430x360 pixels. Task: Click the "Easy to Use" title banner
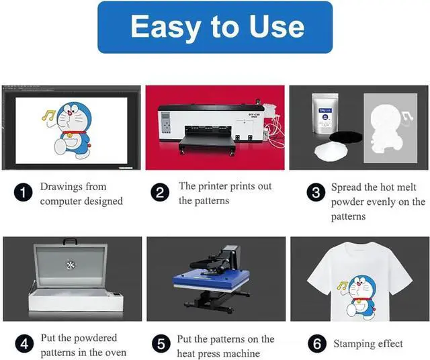coord(215,27)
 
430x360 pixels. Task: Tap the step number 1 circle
coord(23,193)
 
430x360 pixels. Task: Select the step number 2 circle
coord(160,193)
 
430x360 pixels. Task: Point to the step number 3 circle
coord(316,193)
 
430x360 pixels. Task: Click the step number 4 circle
coord(24,345)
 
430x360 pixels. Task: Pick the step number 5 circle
coord(161,345)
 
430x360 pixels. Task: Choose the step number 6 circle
coord(316,345)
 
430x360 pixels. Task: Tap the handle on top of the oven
coord(70,242)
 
